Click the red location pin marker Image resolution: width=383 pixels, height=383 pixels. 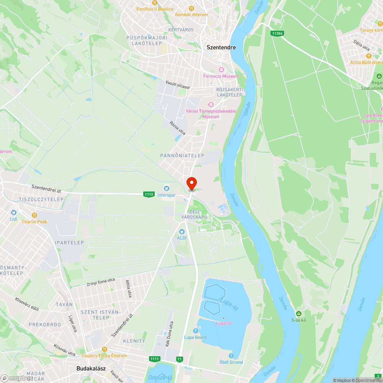coord(191,183)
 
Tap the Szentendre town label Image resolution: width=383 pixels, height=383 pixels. coord(221,47)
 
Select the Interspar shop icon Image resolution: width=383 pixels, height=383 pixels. coord(166,188)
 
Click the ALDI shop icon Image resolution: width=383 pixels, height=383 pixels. coord(182,231)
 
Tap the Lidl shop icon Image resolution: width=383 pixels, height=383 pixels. coord(14,213)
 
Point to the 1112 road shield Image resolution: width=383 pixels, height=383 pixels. coord(149,195)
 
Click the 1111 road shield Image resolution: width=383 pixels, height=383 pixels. coord(155,359)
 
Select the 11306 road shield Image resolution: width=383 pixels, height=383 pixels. coord(277,33)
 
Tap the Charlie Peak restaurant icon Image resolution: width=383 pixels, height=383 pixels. coord(34,215)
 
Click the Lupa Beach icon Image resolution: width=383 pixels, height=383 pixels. coord(195,331)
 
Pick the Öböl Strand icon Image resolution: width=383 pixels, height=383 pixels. coord(231,356)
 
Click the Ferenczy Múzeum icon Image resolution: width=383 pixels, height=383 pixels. coord(221,70)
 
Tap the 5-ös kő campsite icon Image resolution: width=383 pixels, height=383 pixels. coord(299,314)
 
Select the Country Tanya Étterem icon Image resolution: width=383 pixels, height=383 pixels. coord(105,349)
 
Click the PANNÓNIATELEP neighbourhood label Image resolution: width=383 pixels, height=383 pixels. coord(182,155)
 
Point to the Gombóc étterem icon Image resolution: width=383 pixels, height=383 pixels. coord(191,8)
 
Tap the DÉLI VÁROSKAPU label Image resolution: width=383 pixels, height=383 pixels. coord(194,214)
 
